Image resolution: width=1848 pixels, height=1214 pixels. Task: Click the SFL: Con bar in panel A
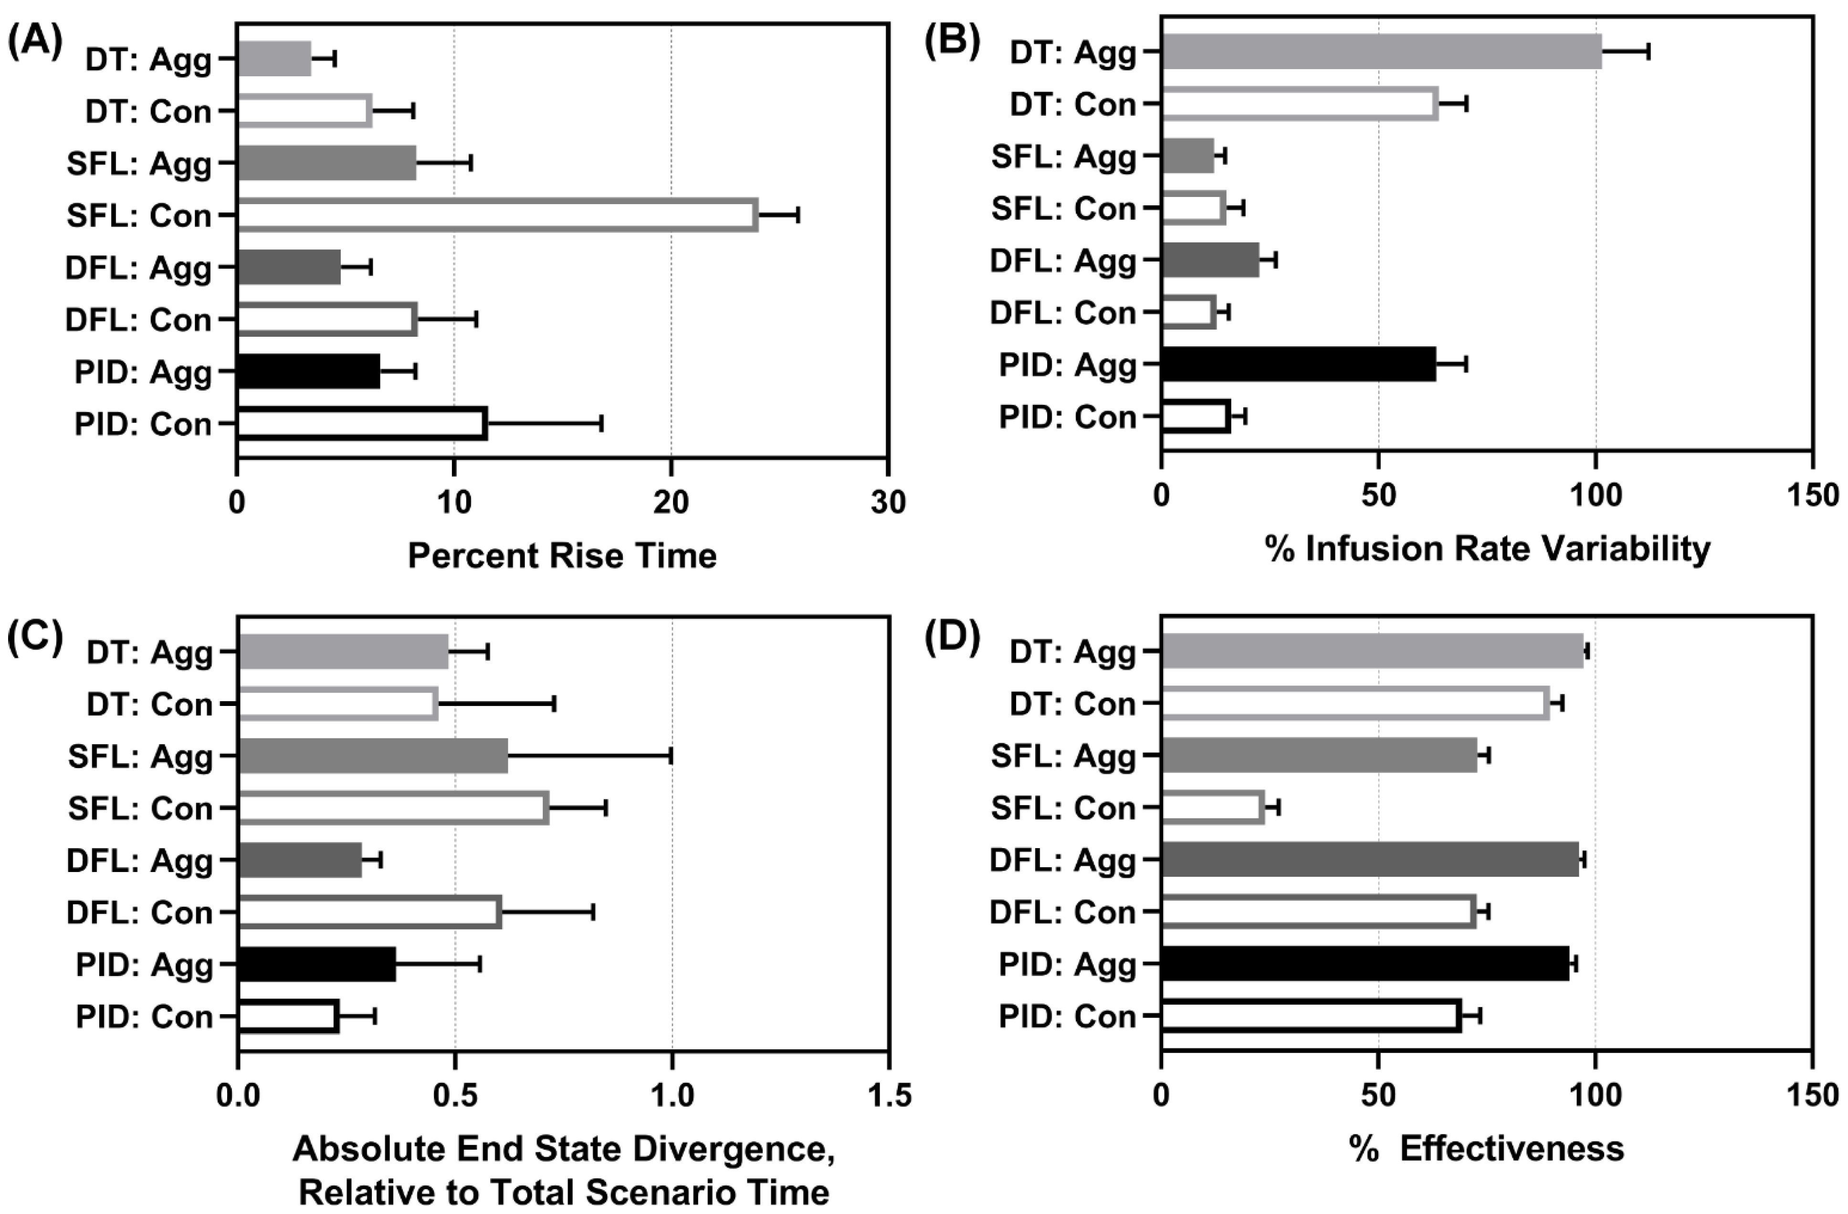click(x=497, y=215)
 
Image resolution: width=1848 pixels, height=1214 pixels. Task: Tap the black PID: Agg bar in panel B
click(x=1298, y=365)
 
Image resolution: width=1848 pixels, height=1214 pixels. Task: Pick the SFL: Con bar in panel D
click(x=1212, y=808)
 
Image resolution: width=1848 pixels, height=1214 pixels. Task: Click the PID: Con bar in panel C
click(x=288, y=1016)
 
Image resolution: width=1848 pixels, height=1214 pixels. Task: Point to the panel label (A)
click(x=35, y=42)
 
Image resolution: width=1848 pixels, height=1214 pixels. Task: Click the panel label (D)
click(x=952, y=636)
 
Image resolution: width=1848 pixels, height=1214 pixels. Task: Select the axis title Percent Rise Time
click(x=562, y=556)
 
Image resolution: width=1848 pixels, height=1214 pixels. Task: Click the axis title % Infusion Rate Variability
click(x=1487, y=549)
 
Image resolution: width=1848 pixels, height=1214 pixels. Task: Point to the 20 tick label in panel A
click(x=670, y=503)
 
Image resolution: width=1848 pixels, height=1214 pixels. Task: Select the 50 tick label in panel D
click(x=1378, y=1095)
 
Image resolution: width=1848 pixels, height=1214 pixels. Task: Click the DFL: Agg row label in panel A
click(x=138, y=268)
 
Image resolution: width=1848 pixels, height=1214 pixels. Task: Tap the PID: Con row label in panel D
click(x=1067, y=1016)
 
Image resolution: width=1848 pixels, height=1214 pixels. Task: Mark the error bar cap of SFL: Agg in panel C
click(x=671, y=756)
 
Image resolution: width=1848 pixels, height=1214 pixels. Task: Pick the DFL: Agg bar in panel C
click(x=300, y=860)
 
